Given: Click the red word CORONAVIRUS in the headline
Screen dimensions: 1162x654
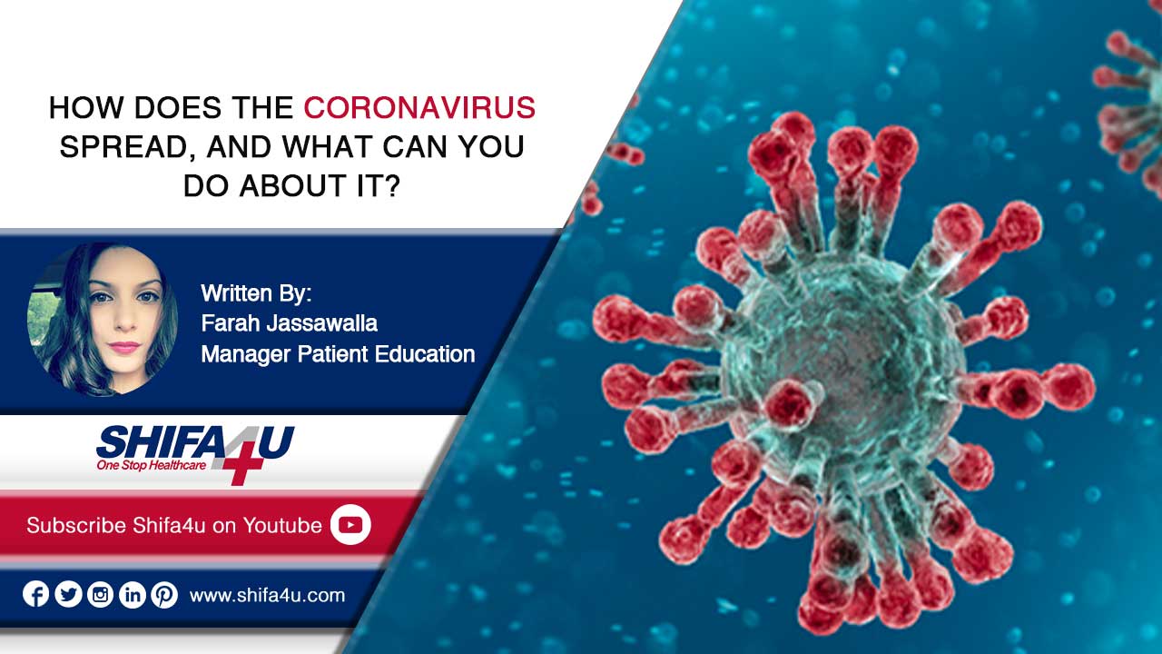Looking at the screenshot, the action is [419, 107].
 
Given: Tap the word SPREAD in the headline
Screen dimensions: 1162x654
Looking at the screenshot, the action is [123, 147].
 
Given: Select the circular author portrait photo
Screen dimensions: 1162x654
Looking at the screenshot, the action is [103, 320].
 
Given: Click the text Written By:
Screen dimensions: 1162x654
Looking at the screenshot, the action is [256, 293].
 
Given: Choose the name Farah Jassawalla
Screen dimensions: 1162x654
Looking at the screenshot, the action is [289, 323].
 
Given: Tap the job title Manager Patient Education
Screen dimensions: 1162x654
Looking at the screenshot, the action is [338, 354].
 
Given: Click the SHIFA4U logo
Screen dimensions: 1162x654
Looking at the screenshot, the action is [195, 453].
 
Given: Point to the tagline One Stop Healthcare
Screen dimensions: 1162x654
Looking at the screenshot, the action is [151, 465].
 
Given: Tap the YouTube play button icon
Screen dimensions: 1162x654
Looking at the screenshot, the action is [350, 525].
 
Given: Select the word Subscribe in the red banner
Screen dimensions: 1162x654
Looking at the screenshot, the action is [76, 525].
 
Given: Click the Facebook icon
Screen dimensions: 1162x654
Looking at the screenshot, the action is [35, 594].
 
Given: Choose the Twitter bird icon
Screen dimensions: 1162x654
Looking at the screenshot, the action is [68, 594].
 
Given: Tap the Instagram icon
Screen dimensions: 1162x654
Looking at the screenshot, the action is [100, 594].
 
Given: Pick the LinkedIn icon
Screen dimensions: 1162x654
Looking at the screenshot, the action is [133, 594].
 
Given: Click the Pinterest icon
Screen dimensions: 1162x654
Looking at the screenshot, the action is [164, 594].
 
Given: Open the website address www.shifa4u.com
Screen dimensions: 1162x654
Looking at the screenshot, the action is [267, 595].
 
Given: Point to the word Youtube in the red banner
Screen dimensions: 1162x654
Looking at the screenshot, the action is [282, 525].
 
